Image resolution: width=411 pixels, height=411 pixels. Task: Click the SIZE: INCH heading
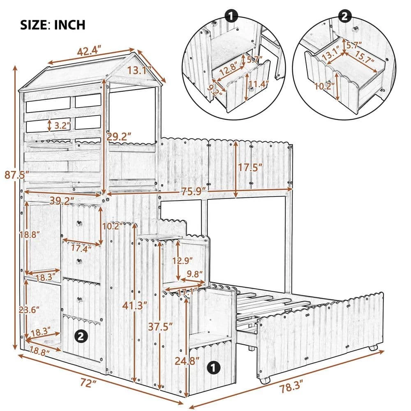click(53, 24)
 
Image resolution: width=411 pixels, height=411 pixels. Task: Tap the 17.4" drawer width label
click(81, 249)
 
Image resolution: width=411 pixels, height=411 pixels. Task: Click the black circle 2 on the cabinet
click(81, 337)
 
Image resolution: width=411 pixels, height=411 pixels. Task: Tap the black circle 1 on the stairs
click(212, 367)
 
